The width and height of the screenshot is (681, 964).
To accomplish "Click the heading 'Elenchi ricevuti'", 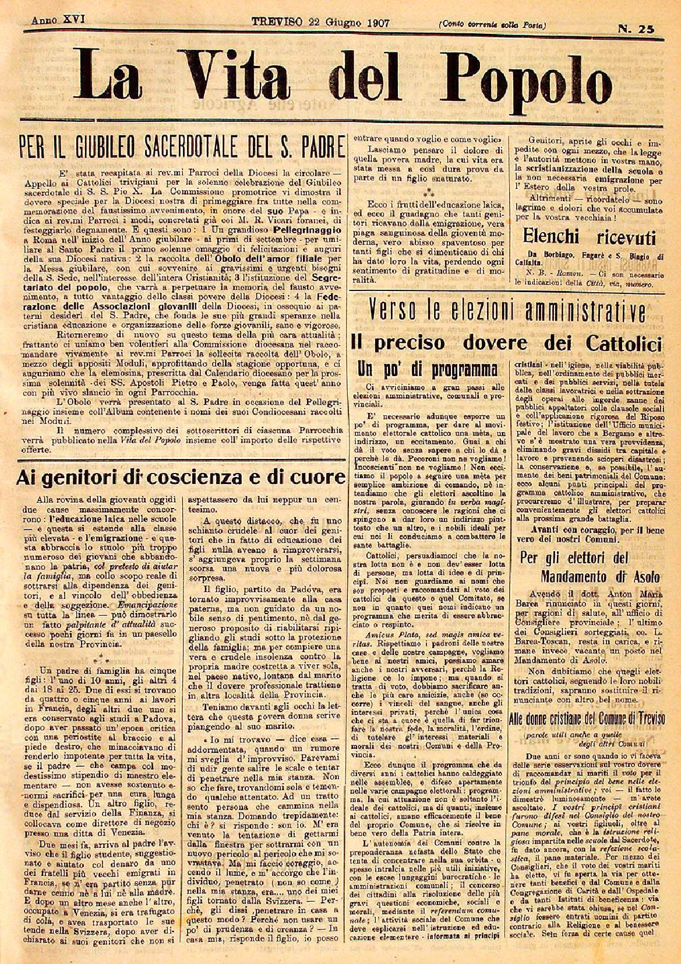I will [x=589, y=237].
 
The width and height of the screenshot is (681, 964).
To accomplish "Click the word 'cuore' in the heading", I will [x=318, y=478].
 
